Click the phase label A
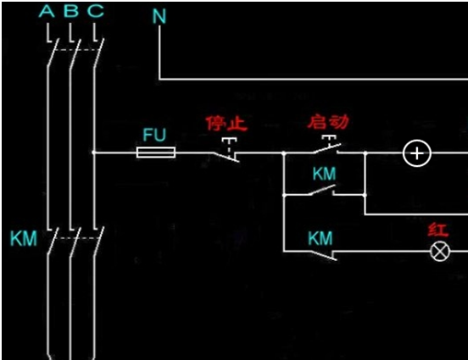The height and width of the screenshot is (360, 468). pyautogui.click(x=47, y=11)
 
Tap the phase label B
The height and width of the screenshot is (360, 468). pyautogui.click(x=71, y=11)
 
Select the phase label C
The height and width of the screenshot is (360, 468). pyautogui.click(x=96, y=11)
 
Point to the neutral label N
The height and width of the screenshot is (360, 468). pyautogui.click(x=159, y=16)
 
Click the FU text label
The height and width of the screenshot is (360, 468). pyautogui.click(x=154, y=135)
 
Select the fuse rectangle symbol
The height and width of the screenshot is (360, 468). pyautogui.click(x=156, y=152)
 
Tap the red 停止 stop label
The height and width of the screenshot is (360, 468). pyautogui.click(x=227, y=124)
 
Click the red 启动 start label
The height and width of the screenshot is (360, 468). pyautogui.click(x=328, y=122)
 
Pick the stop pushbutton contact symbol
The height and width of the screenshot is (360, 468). pyautogui.click(x=227, y=150)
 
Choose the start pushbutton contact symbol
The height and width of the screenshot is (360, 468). pyautogui.click(x=327, y=145)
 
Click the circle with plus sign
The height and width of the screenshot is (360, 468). pyautogui.click(x=417, y=153)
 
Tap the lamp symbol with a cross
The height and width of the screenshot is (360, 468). pyautogui.click(x=440, y=252)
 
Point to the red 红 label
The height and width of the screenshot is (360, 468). pyautogui.click(x=437, y=230)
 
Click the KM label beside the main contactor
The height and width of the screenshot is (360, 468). pyautogui.click(x=24, y=239)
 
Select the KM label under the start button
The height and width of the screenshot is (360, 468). pyautogui.click(x=324, y=174)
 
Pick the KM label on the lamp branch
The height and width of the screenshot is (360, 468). pyautogui.click(x=320, y=238)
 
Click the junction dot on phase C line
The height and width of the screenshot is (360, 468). pyautogui.click(x=94, y=152)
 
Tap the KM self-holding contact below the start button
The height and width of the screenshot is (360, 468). pyautogui.click(x=323, y=191)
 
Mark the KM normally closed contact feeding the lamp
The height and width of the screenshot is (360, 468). pyautogui.click(x=325, y=255)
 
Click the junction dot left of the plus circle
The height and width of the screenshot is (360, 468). pyautogui.click(x=365, y=153)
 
